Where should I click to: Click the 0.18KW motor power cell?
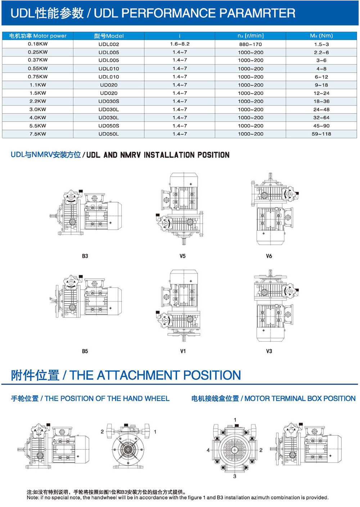pos(38,44)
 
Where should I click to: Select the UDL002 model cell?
pos(109,44)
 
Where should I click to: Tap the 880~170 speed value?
pos(251,44)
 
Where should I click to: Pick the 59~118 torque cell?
pos(321,134)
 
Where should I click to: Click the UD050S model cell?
pos(109,126)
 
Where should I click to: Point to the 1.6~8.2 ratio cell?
pos(180,44)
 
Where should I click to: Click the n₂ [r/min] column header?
pos(251,36)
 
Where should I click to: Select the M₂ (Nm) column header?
pos(321,36)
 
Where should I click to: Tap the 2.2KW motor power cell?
pos(38,101)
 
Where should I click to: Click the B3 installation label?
pos(85,256)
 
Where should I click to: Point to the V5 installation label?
pos(183,256)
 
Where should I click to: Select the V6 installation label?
pos(269,256)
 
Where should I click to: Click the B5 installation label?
pos(85,351)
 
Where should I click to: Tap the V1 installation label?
pos(183,351)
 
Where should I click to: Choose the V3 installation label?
pos(269,351)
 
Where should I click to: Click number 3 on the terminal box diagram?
pos(235,476)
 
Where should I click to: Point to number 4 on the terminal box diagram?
pos(208,450)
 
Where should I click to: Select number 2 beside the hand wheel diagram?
pos(102,432)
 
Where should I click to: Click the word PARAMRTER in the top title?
pos(257,13)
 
